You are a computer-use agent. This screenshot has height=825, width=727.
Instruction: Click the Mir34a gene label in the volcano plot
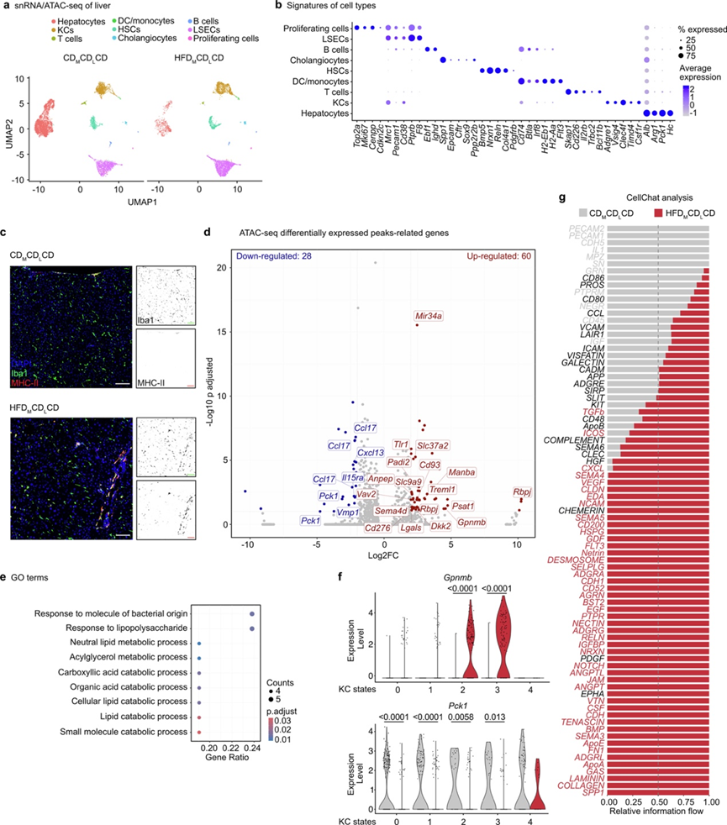(429, 317)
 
